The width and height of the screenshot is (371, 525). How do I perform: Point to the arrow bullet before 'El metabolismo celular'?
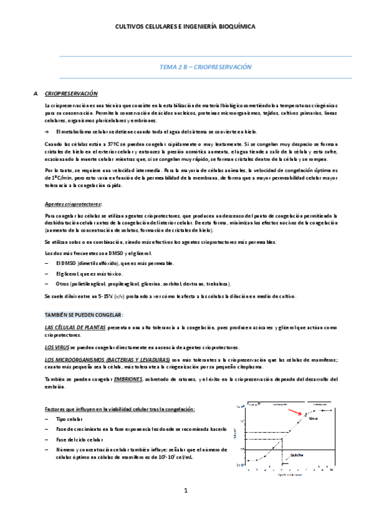[x=48, y=132]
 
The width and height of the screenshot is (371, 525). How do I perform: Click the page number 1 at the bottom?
[x=185, y=490]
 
